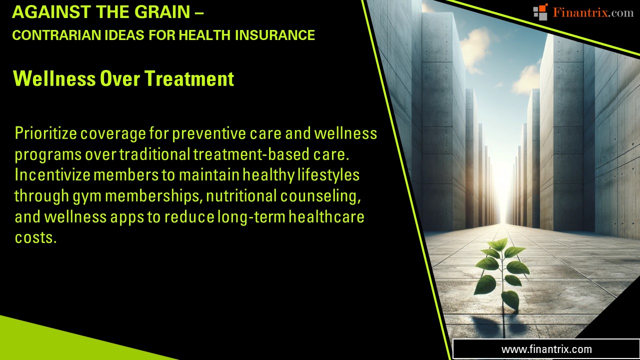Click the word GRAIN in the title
pos(162,12)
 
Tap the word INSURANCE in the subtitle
pos(275,35)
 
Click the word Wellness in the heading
pos(54,78)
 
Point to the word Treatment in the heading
pos(189,78)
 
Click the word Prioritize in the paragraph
pos(45,133)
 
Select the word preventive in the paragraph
pos(209,133)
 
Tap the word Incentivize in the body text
pos(52,175)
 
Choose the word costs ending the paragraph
pos(35,237)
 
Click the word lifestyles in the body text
pos(328,175)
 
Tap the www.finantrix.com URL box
pos(546,349)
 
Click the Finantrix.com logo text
pos(593,12)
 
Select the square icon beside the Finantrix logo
pos(540,12)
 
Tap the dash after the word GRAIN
pos(200,12)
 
